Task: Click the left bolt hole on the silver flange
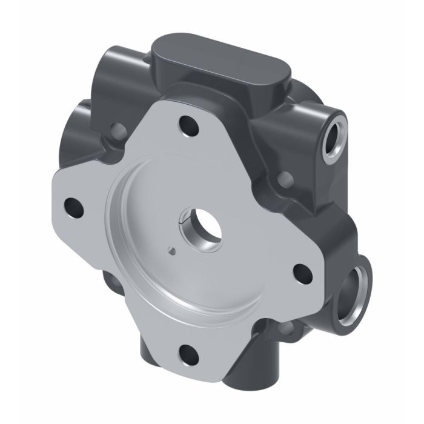point(75,207)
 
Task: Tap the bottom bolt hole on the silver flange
point(189,353)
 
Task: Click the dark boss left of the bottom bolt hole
point(154,357)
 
